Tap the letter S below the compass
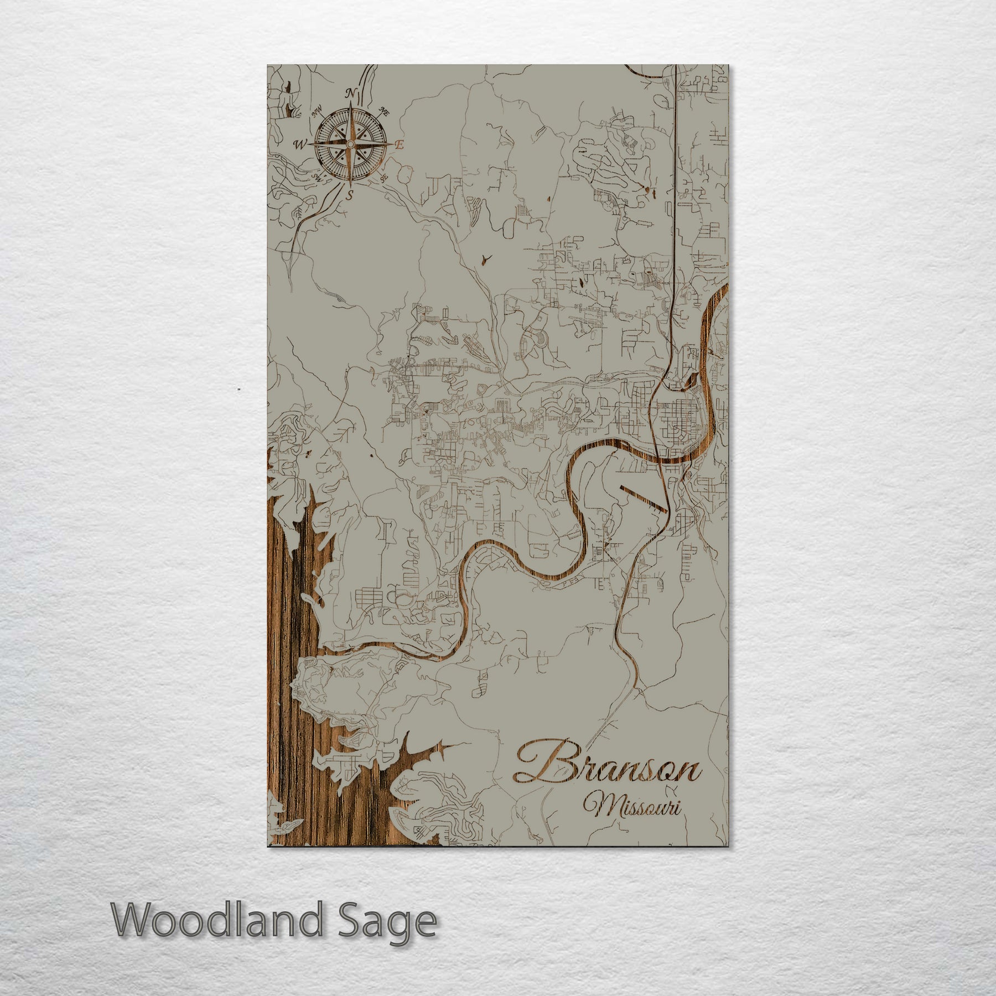coord(350,195)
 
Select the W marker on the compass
coord(300,145)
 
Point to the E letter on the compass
coord(400,145)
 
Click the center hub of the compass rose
coord(350,144)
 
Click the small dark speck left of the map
coord(238,390)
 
